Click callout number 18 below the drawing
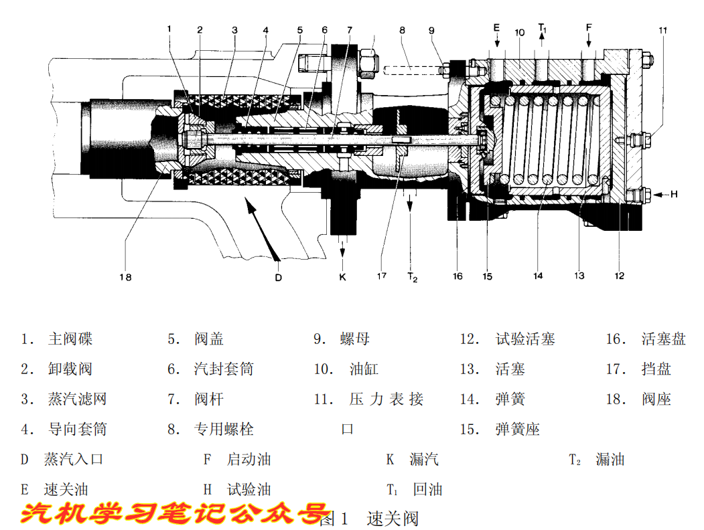point(125,276)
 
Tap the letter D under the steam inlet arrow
point(278,277)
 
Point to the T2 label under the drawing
point(413,277)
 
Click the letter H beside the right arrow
point(675,194)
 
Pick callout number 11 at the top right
point(663,30)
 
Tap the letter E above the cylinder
point(496,27)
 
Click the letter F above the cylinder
point(589,27)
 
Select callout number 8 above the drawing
point(402,30)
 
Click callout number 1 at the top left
point(169,29)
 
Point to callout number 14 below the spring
point(538,276)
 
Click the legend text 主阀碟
point(70,339)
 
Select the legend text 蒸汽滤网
point(77,400)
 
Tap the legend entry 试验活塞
point(525,339)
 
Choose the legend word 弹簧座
point(517,429)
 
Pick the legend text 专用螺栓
point(224,429)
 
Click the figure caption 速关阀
point(393,519)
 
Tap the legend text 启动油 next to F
point(249,460)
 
